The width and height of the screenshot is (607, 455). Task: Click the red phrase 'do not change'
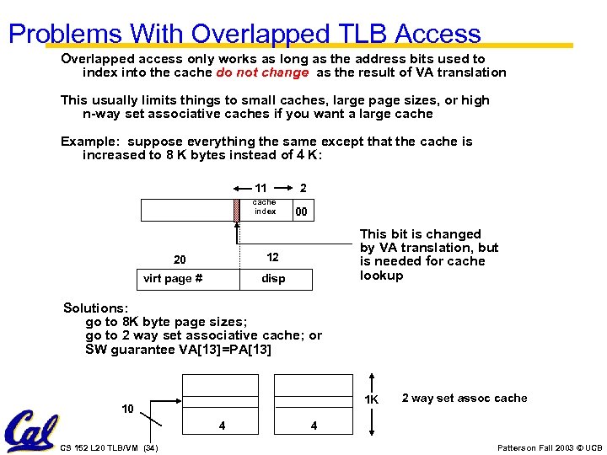(x=262, y=72)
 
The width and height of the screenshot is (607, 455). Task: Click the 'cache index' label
(x=265, y=207)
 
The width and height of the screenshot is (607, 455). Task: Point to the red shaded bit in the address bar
(x=237, y=210)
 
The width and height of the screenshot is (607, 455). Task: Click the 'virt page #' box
(x=173, y=279)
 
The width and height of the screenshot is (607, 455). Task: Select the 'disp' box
(x=273, y=279)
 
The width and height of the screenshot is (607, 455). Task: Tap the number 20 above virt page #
(x=179, y=260)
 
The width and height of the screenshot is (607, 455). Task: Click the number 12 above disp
(x=273, y=257)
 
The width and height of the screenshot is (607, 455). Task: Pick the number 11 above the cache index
(x=261, y=188)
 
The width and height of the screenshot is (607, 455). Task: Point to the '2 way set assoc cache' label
(x=465, y=398)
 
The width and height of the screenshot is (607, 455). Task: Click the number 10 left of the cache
(x=127, y=409)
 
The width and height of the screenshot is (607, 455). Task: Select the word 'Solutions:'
(x=96, y=309)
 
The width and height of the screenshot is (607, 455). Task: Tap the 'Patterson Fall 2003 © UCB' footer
(x=551, y=447)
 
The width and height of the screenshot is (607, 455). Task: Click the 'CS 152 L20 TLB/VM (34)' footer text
(x=110, y=447)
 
